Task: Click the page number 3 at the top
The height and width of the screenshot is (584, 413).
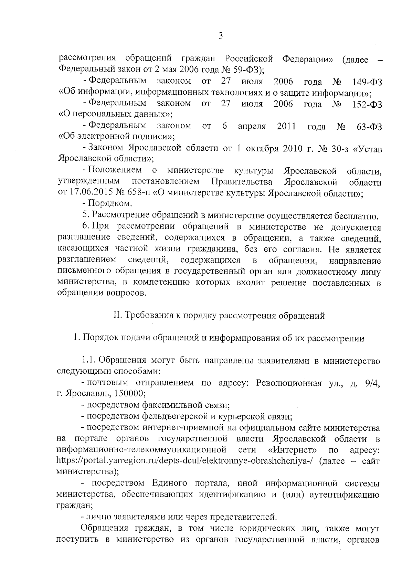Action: tap(221, 36)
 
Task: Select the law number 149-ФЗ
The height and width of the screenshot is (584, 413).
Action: tap(367, 82)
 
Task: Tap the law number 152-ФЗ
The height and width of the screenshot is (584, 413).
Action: tap(367, 104)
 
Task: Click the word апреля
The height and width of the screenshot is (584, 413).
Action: tap(252, 126)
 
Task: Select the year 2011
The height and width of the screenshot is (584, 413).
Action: tap(286, 126)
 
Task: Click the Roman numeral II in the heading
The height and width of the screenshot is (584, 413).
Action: tap(117, 316)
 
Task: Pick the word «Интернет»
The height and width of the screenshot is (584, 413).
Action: tap(292, 450)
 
